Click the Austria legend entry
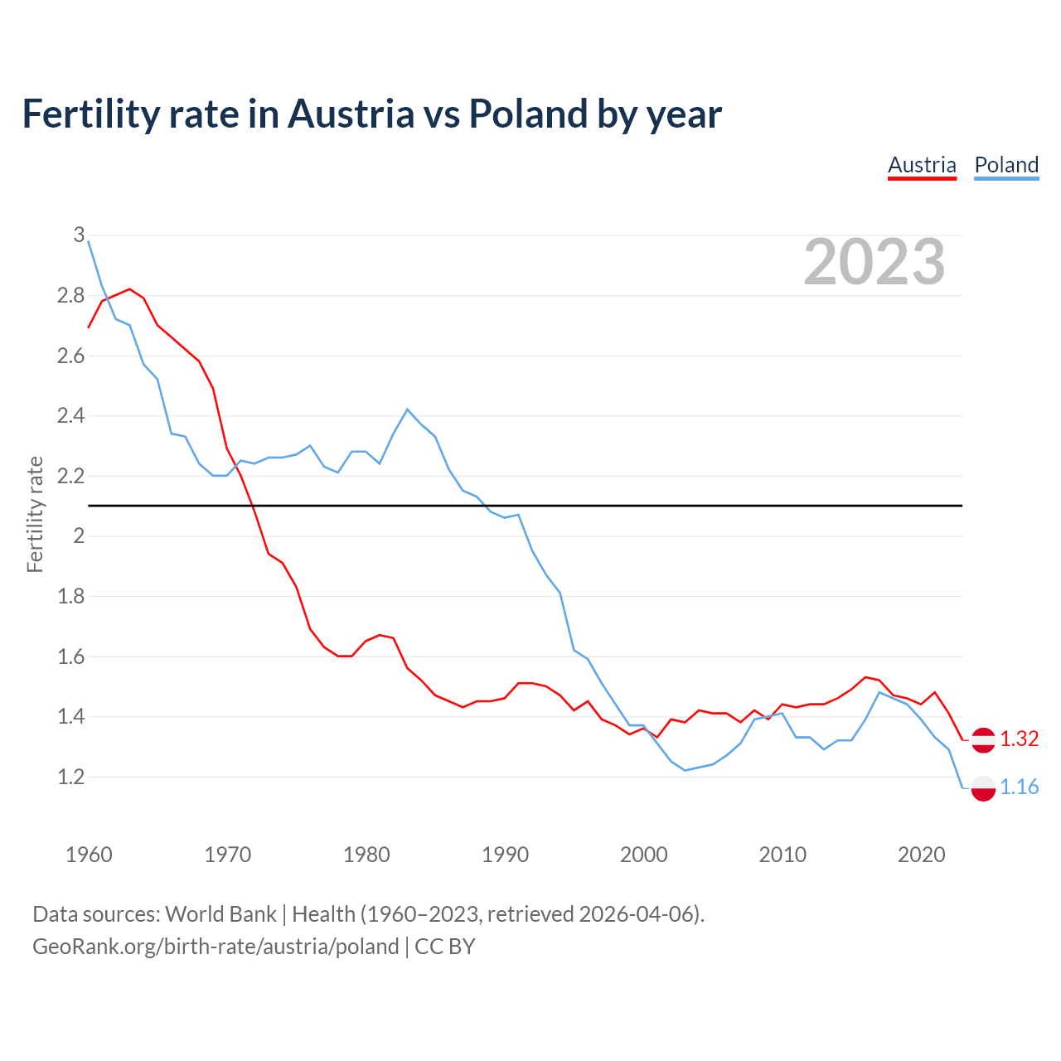pyautogui.click(x=922, y=165)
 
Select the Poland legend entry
pyautogui.click(x=1006, y=165)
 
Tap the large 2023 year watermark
pyautogui.click(x=874, y=262)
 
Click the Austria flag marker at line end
pyautogui.click(x=983, y=739)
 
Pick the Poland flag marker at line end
pyautogui.click(x=983, y=787)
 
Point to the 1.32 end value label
pyautogui.click(x=1020, y=739)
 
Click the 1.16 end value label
pyautogui.click(x=1020, y=787)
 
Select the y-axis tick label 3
pyautogui.click(x=79, y=235)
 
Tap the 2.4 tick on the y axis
pyautogui.click(x=71, y=416)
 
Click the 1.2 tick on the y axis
pyautogui.click(x=71, y=778)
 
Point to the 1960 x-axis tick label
pyautogui.click(x=89, y=855)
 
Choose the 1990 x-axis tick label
pyautogui.click(x=505, y=855)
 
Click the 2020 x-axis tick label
pyautogui.click(x=921, y=855)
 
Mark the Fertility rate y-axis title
pyautogui.click(x=35, y=514)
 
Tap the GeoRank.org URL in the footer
pyautogui.click(x=216, y=947)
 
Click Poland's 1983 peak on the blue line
pyautogui.click(x=407, y=409)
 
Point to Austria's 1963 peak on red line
pyautogui.click(x=130, y=289)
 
